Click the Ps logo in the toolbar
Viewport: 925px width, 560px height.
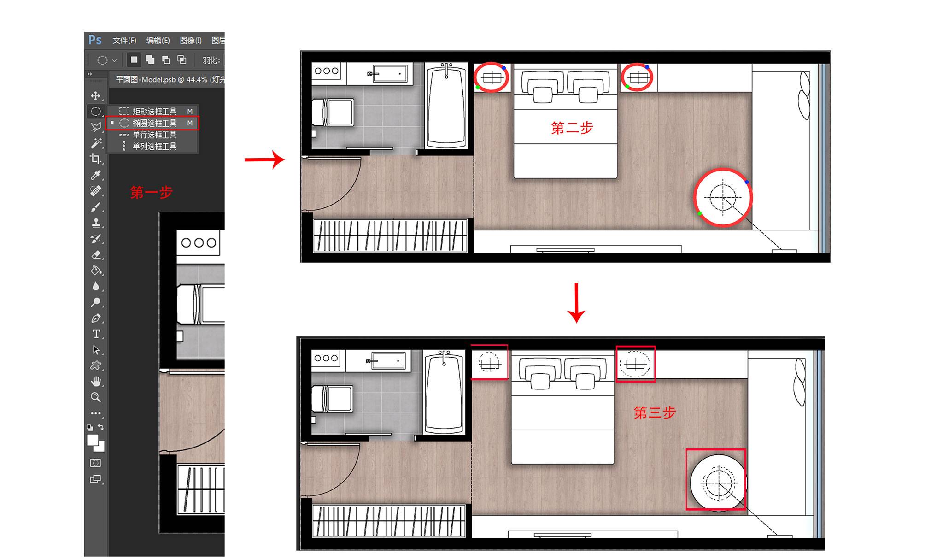95,40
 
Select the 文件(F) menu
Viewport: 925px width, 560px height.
124,41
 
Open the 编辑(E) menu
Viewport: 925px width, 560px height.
158,41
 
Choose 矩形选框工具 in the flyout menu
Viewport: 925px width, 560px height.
154,111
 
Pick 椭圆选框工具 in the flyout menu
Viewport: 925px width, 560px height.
154,123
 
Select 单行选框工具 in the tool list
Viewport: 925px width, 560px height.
154,135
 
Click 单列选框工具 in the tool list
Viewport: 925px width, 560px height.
154,146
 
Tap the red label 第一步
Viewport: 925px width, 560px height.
151,192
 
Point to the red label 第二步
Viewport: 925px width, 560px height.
572,128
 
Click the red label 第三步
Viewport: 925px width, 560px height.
655,413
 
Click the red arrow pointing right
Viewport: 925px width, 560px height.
264,160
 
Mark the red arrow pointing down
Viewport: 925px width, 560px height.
576,303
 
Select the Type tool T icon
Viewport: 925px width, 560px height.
96,334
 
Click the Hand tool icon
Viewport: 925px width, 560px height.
96,381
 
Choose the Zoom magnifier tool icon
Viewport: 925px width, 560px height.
96,397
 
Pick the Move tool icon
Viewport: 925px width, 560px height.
95,95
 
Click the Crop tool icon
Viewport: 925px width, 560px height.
95,159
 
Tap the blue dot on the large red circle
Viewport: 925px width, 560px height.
747,182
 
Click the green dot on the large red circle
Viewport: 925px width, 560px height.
700,213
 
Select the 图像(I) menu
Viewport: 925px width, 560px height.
191,41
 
